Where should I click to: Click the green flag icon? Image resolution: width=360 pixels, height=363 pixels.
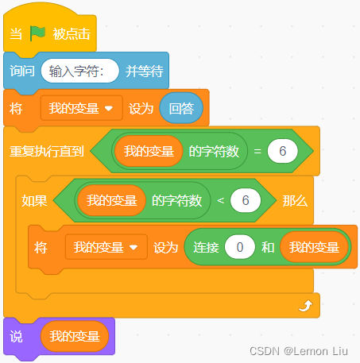click(37, 33)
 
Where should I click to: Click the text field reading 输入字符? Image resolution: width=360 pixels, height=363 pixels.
click(79, 71)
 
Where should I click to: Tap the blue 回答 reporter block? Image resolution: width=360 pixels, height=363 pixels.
click(181, 108)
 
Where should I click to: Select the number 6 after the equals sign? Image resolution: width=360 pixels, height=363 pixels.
click(283, 151)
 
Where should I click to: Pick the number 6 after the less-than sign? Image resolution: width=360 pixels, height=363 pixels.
click(246, 200)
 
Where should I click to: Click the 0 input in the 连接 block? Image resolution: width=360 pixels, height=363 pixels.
click(240, 247)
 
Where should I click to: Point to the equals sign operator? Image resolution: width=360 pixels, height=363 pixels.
click(257, 151)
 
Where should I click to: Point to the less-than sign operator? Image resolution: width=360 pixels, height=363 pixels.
click(220, 200)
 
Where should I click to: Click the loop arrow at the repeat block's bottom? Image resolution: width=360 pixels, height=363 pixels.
click(306, 306)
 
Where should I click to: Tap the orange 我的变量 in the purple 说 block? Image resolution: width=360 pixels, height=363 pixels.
click(75, 336)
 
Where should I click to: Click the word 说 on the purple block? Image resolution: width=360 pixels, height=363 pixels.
click(16, 337)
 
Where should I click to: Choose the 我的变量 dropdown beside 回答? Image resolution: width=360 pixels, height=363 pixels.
click(82, 108)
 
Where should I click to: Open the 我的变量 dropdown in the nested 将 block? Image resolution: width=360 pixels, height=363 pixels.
click(106, 247)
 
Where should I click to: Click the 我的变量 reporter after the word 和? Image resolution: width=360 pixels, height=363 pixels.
click(314, 247)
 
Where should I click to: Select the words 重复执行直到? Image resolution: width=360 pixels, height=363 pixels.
click(47, 151)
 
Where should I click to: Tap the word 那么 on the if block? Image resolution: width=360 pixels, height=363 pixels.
click(295, 201)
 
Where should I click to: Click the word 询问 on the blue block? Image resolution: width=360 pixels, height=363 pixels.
click(22, 71)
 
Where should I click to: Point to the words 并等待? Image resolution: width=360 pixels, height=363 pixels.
click(145, 71)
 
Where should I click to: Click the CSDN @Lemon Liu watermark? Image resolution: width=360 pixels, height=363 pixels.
click(299, 351)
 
